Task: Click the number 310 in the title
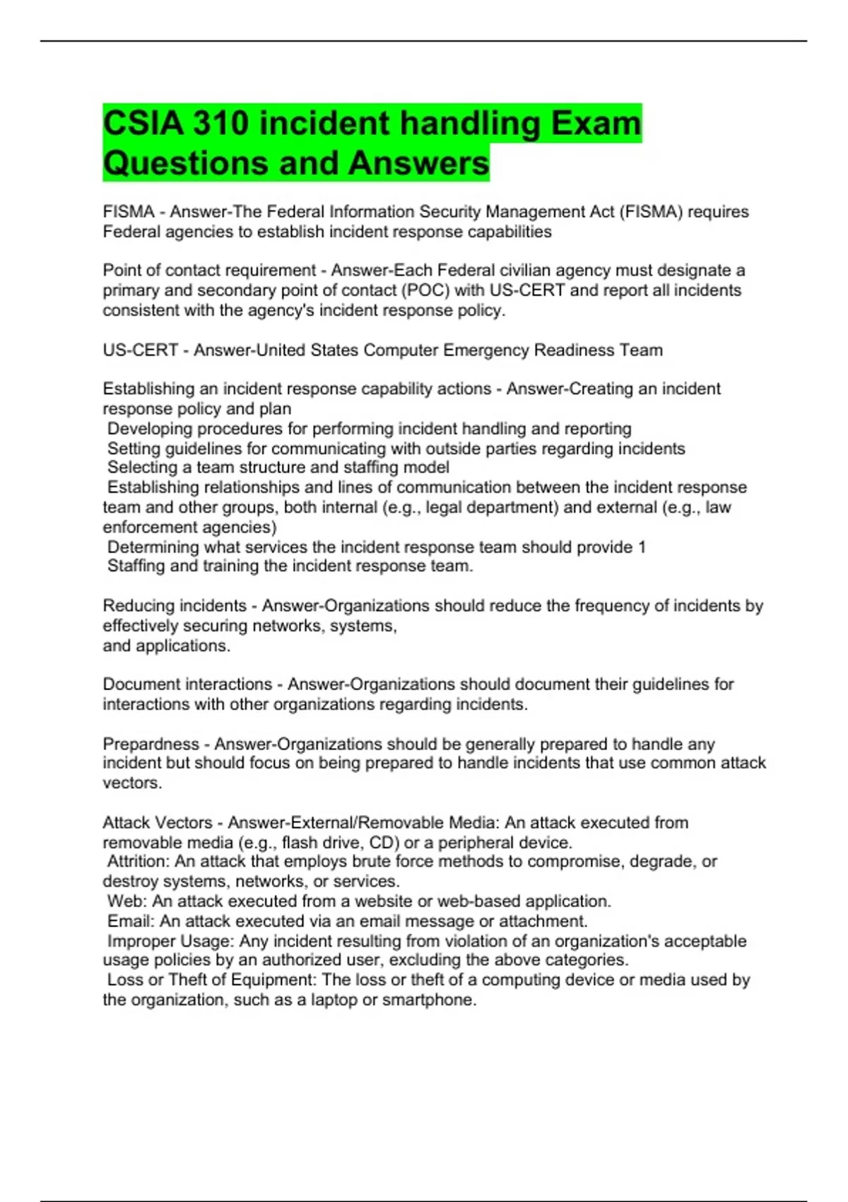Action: pos(221,124)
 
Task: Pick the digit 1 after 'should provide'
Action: pos(642,547)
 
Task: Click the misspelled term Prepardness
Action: pos(151,744)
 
